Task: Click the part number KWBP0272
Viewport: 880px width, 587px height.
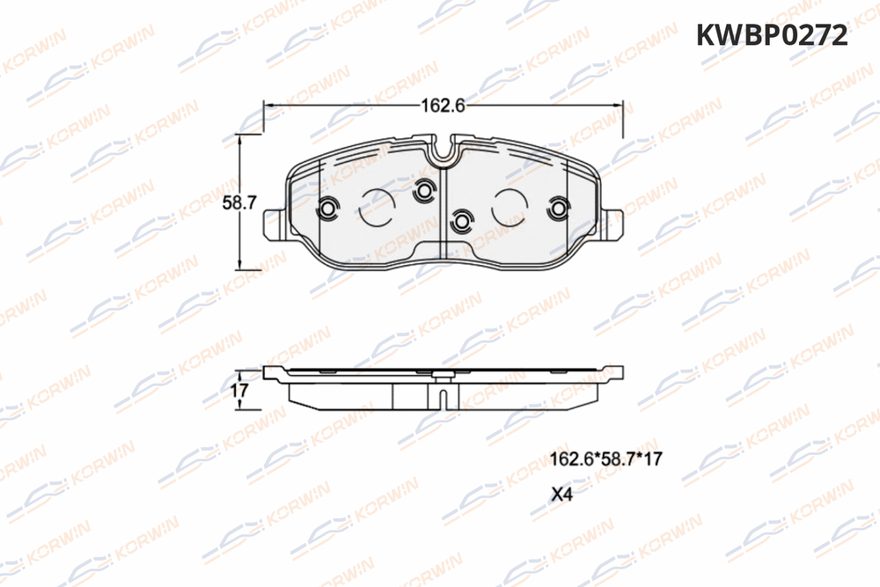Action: [x=772, y=35]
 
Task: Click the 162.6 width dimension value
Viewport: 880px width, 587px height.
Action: [x=443, y=105]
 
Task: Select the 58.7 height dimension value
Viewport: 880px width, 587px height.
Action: [x=239, y=202]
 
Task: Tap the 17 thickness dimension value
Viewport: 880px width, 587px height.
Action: [x=239, y=390]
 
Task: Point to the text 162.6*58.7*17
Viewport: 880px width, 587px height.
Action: [x=605, y=459]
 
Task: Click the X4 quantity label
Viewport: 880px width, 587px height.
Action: [x=561, y=495]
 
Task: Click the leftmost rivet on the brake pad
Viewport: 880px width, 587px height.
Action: [x=327, y=209]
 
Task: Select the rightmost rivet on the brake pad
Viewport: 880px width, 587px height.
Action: [x=558, y=209]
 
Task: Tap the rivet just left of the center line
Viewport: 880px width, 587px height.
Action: [x=423, y=191]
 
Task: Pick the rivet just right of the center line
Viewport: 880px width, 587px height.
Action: [x=461, y=222]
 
